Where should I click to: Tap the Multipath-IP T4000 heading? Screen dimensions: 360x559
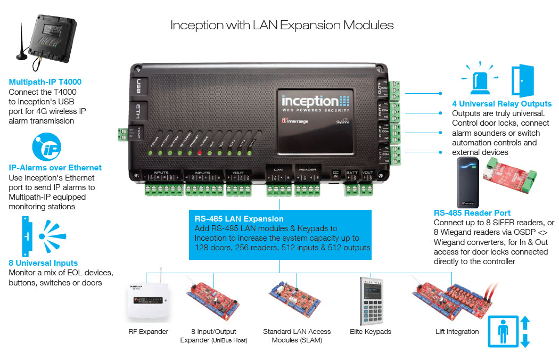(x=45, y=82)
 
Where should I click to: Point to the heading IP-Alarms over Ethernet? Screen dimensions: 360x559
(x=55, y=168)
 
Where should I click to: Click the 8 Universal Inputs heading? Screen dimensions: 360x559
(x=43, y=263)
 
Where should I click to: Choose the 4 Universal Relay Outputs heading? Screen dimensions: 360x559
(x=502, y=104)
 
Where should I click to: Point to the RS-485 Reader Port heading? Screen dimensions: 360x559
(x=472, y=213)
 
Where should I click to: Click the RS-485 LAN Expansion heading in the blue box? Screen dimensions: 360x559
(x=239, y=218)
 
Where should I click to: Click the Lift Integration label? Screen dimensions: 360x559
(x=457, y=332)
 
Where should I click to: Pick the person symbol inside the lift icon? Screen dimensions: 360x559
(x=503, y=331)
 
